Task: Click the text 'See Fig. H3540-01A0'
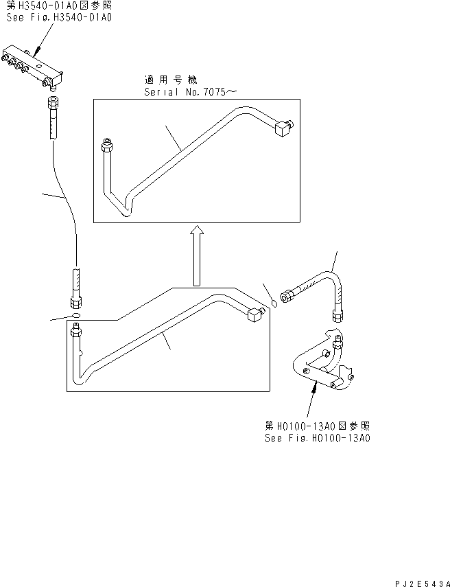59,17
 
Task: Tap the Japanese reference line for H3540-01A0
59,5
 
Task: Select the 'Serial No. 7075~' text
191,92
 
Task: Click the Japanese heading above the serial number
171,80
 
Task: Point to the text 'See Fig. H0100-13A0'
318,438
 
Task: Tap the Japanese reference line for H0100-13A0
318,426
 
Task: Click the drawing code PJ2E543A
422,584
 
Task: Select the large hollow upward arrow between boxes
197,256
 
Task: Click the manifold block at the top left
32,67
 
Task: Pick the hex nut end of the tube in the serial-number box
107,146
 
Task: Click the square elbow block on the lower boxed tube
255,313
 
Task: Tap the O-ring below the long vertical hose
76,315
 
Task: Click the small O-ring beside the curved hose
274,303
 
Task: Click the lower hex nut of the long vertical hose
77,302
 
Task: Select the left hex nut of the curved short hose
287,296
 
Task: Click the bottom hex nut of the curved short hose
337,316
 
